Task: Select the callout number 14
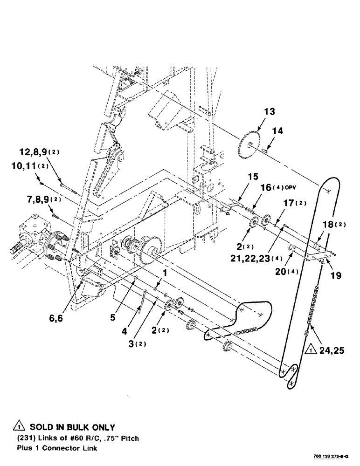tap(277, 131)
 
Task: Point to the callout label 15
tap(252, 178)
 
